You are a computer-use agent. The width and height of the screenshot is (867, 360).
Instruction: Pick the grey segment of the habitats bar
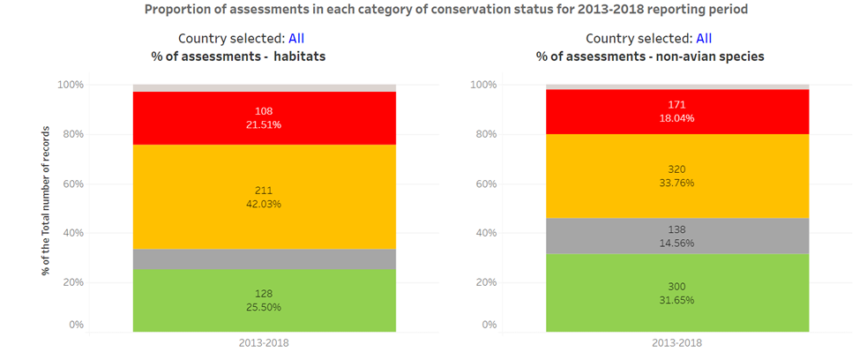[265, 259]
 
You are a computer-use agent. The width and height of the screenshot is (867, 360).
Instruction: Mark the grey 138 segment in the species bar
[677, 236]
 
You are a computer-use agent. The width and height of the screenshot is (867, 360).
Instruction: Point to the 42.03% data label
[264, 204]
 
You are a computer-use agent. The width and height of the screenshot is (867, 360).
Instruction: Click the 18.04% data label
[676, 118]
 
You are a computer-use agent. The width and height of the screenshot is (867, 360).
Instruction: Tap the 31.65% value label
[676, 300]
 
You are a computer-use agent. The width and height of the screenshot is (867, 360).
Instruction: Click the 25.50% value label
[264, 306]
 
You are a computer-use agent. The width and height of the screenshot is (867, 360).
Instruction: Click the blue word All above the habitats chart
[296, 39]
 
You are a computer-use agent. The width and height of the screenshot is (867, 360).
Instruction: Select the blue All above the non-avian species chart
[704, 39]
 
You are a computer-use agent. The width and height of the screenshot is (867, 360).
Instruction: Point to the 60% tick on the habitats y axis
[71, 184]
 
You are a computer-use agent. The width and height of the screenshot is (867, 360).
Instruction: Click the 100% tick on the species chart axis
[482, 85]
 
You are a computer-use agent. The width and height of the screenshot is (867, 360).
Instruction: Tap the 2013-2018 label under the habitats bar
[264, 343]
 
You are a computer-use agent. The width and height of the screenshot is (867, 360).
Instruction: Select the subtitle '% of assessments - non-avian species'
[650, 56]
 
